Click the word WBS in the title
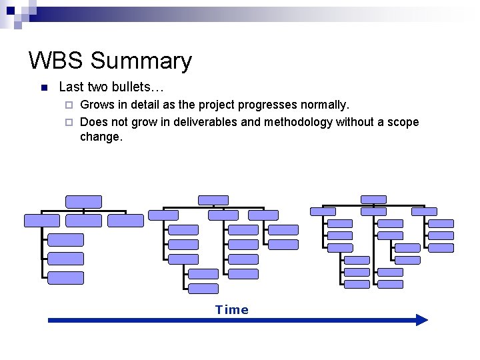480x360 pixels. (x=56, y=61)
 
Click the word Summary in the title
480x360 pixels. (x=141, y=61)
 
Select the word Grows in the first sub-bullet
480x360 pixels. (x=96, y=105)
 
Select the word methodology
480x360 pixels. (x=298, y=122)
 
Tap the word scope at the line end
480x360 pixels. (x=403, y=122)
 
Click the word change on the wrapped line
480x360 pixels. (x=101, y=137)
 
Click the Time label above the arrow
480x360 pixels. (x=231, y=309)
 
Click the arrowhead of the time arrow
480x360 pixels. (x=421, y=320)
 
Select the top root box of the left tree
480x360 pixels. (x=83, y=201)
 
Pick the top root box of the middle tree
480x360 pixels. (x=213, y=200)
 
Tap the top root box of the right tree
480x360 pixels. (x=373, y=199)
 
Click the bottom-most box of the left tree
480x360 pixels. (x=66, y=278)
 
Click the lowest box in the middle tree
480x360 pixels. (x=203, y=289)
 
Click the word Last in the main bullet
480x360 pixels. (x=71, y=87)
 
